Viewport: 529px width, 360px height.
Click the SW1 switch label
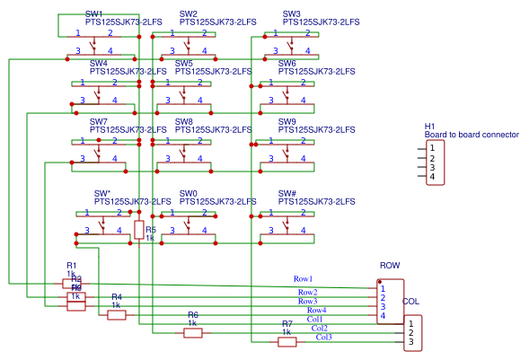[x=93, y=13]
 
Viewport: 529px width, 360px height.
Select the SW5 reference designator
[x=183, y=63]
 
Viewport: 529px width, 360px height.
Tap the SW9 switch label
[x=287, y=121]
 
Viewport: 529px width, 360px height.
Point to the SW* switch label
[x=101, y=193]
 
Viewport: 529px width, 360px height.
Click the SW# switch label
[x=287, y=193]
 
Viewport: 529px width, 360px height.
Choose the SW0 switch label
[x=188, y=193]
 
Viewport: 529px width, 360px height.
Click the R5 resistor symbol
[x=138, y=230]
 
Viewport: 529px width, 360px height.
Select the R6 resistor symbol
[x=193, y=333]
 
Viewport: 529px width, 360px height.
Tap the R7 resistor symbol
[x=287, y=341]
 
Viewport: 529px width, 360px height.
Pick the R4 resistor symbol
[x=117, y=314]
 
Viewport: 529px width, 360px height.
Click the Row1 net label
[x=303, y=279]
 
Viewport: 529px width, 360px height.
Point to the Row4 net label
[x=317, y=310]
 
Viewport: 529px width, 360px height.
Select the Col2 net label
[x=320, y=328]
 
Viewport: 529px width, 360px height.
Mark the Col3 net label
[x=323, y=337]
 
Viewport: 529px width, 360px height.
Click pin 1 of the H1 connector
[x=432, y=147]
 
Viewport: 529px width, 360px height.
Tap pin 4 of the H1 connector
[x=432, y=177]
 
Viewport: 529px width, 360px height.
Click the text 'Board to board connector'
[x=472, y=135]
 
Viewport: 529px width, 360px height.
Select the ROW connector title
[x=390, y=266]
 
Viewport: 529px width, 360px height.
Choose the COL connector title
[x=410, y=302]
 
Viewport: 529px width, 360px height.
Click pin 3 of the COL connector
[x=410, y=342]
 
